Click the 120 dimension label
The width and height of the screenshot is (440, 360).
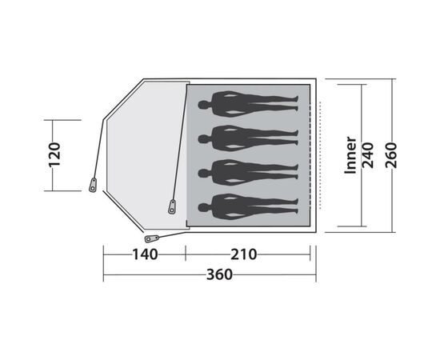[x=54, y=154]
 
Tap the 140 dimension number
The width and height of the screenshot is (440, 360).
[x=145, y=254]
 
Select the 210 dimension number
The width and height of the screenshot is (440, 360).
[x=243, y=254]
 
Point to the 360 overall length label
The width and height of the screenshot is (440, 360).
[x=219, y=274]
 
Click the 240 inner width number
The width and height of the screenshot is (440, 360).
[x=368, y=155]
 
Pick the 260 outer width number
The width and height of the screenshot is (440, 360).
[x=391, y=155]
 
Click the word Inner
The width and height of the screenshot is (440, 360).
[x=350, y=155]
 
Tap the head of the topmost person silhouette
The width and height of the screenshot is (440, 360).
[x=202, y=105]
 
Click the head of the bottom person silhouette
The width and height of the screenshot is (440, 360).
[x=202, y=208]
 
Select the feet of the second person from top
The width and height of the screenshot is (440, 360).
[x=295, y=138]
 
